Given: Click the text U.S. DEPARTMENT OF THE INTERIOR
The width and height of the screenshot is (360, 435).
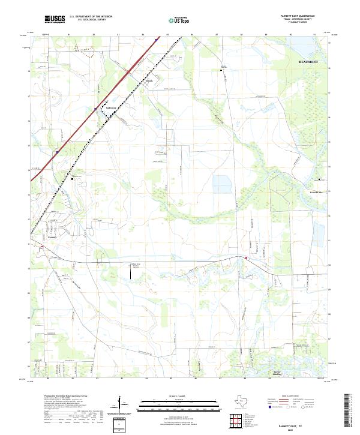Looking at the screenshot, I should [x=91, y=17].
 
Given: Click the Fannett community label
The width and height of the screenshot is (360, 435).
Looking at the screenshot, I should [x=51, y=235].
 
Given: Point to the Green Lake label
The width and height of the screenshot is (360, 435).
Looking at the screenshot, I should [x=316, y=193].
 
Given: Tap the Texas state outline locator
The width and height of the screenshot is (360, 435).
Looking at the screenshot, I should [x=245, y=402].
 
